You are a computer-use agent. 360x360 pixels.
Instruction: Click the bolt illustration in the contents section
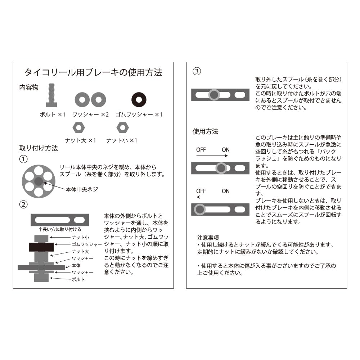(51, 95)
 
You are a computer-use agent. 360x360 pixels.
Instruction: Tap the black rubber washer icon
(139, 100)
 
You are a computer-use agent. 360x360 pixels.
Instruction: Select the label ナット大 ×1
(80, 140)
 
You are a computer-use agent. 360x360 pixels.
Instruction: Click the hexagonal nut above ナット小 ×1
(122, 128)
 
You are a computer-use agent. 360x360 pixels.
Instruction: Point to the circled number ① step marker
(23, 159)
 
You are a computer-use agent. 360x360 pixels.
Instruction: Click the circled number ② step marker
(23, 204)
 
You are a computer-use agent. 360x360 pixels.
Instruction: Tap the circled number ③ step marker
(197, 71)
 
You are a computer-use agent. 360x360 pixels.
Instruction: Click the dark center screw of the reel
(39, 181)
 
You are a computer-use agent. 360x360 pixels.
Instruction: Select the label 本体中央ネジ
(82, 189)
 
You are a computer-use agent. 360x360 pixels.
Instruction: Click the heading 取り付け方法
(39, 148)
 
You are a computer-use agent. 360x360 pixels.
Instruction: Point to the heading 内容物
(29, 87)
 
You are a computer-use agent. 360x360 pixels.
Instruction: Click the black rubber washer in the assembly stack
(41, 247)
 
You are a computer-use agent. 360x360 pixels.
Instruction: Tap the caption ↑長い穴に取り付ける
(60, 229)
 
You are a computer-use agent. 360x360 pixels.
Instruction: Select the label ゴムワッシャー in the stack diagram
(87, 244)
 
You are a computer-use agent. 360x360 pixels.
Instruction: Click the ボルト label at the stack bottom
(78, 279)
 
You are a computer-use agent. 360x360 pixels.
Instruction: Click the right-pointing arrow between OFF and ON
(212, 156)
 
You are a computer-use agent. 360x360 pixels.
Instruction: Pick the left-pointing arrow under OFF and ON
(212, 197)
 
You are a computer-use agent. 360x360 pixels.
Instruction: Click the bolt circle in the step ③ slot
(214, 95)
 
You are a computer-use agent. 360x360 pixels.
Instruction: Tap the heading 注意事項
(208, 238)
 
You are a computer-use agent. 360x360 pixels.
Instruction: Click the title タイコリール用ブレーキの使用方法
(94, 72)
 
